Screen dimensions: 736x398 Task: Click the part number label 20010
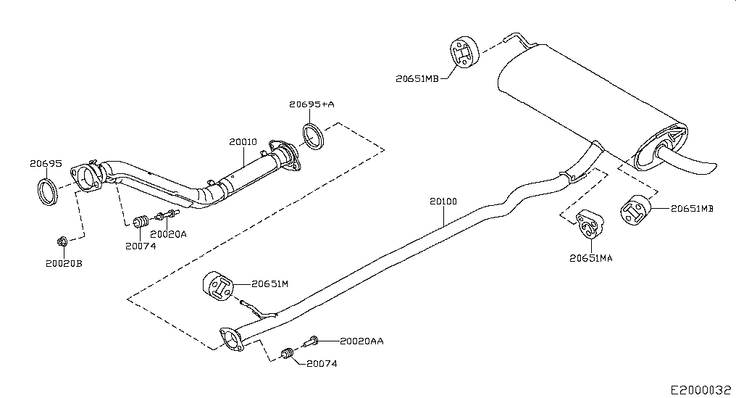point(243,141)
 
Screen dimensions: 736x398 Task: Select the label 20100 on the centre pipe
point(443,202)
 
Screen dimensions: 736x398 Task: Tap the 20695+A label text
point(311,104)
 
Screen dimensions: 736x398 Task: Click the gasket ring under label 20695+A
point(313,136)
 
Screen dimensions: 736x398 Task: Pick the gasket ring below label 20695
point(47,191)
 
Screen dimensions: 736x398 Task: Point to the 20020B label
point(64,264)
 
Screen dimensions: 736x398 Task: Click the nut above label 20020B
point(62,241)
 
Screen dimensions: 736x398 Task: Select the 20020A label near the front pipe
point(169,234)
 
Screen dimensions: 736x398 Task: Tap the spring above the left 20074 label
point(141,220)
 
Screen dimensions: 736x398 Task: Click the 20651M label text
point(270,283)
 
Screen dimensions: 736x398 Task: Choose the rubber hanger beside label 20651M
point(218,286)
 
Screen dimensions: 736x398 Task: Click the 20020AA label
point(361,341)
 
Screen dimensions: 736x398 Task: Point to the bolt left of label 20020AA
point(311,341)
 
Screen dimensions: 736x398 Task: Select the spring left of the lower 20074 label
point(288,353)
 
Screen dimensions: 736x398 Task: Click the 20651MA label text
point(591,258)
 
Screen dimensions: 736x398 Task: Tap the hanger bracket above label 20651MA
point(590,224)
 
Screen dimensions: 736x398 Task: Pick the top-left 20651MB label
point(417,79)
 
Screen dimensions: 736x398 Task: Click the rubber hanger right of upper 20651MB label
point(464,51)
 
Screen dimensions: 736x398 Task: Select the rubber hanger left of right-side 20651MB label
point(635,210)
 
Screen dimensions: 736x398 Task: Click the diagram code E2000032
point(701,390)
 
